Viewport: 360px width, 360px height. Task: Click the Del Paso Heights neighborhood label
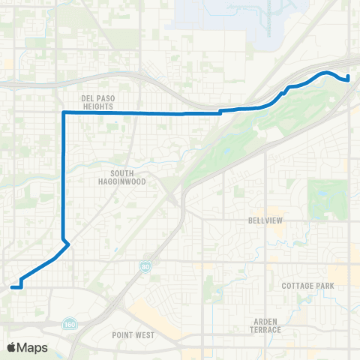(x=97, y=102)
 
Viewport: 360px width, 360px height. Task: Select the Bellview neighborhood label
(x=263, y=221)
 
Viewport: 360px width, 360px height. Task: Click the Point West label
(x=133, y=335)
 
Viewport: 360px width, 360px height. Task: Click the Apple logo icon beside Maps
(x=12, y=347)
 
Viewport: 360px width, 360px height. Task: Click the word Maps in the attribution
(x=33, y=347)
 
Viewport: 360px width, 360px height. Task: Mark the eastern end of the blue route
(x=348, y=79)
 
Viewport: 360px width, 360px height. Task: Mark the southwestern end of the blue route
(x=12, y=286)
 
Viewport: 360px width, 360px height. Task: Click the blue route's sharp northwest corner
(x=63, y=112)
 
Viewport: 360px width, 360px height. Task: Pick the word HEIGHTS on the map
(x=97, y=106)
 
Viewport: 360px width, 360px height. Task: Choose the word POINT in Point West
(x=123, y=335)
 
